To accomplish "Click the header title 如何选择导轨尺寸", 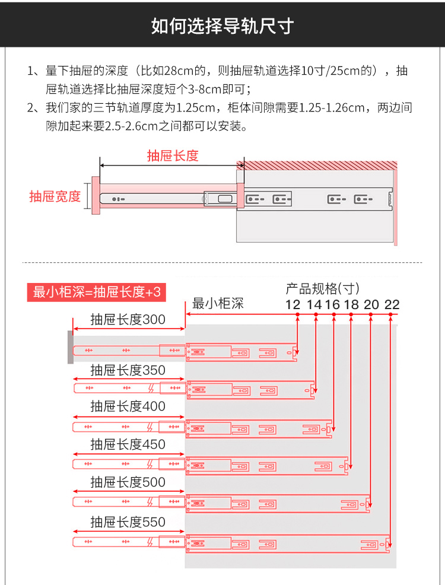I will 223,27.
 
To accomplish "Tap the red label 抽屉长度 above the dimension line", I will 173,156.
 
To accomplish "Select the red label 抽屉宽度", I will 55,196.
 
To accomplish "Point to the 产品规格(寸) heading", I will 323,289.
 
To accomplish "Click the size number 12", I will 293,305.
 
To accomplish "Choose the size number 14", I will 314,305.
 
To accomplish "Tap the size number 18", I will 351,305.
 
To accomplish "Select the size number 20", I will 371,305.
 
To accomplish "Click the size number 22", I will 392,305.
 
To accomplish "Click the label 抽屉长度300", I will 128,320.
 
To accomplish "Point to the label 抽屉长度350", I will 128,371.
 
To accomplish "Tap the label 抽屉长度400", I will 128,407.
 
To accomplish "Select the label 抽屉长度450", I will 128,444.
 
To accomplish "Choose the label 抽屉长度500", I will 128,483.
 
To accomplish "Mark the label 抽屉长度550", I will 128,523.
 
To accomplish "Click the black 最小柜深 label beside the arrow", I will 218,304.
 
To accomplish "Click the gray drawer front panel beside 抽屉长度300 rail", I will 70,347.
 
